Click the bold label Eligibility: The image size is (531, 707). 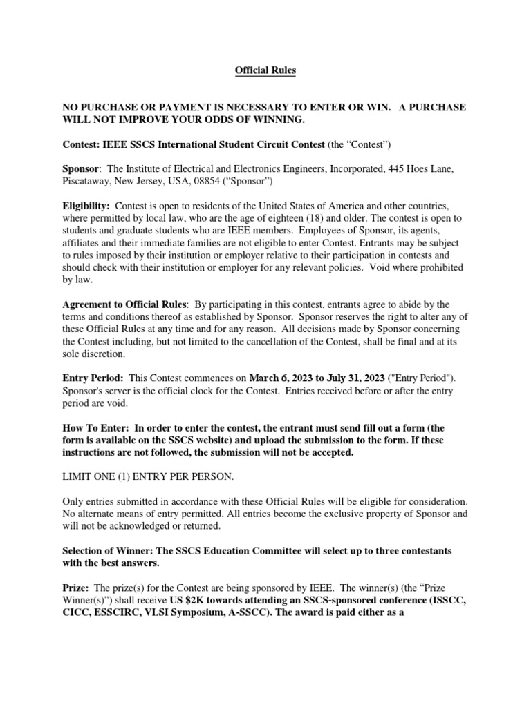[86, 207]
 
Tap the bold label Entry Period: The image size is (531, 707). [93, 378]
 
